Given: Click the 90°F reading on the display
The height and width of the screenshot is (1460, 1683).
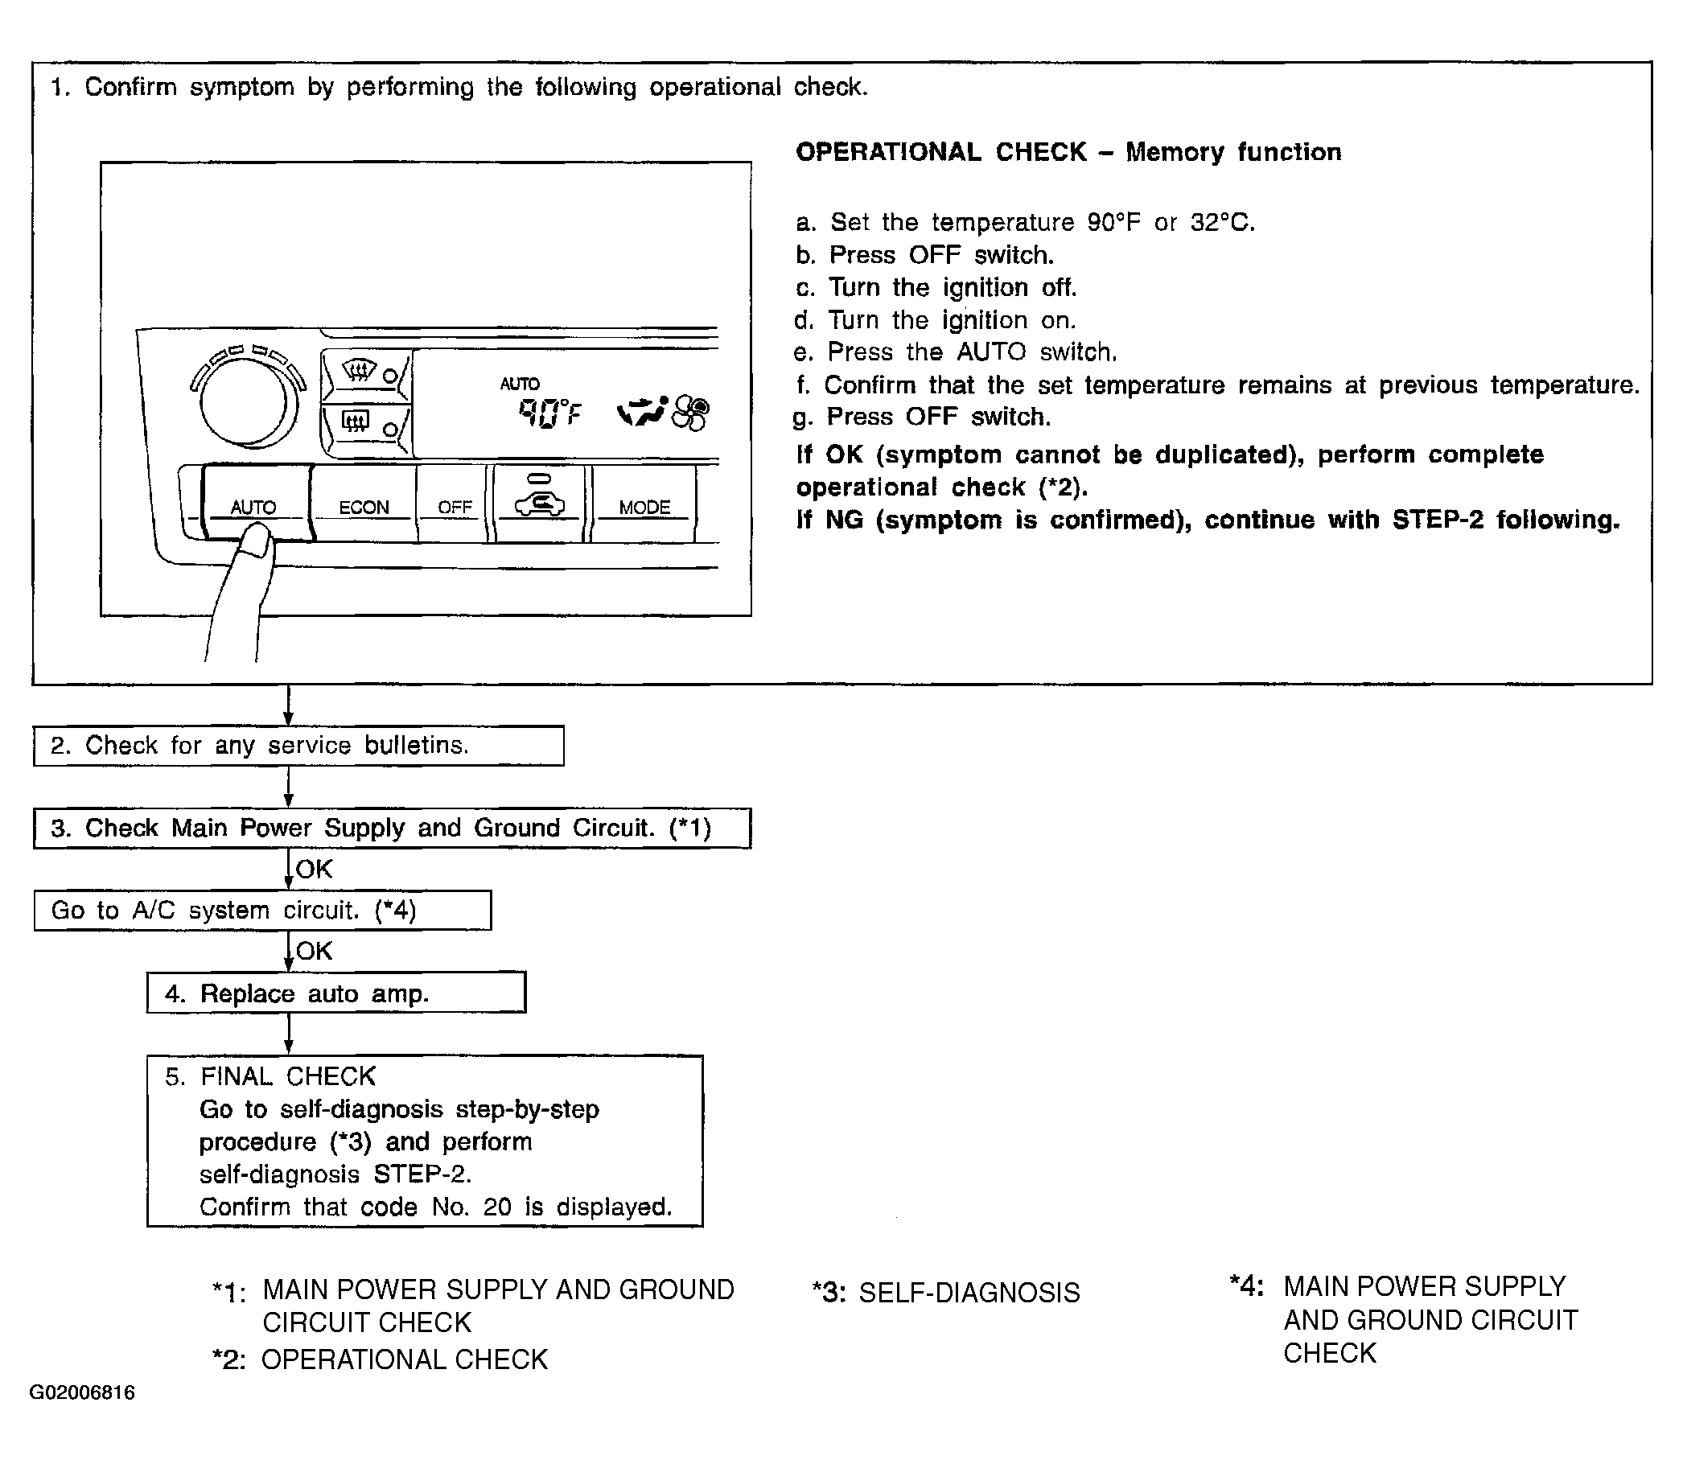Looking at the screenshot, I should coord(549,414).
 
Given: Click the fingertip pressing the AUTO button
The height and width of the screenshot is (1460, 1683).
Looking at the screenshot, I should coord(257,541).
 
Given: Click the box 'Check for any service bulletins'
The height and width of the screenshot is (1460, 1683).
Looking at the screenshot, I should coord(298,746).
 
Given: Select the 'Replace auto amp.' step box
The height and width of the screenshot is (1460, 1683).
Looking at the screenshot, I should coord(335,993).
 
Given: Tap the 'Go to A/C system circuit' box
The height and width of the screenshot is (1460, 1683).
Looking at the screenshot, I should coord(262,910).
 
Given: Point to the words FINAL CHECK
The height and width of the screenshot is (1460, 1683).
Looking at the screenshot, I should coord(287,1076).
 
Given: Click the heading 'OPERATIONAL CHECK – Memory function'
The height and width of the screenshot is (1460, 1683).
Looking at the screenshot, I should coord(1068,152).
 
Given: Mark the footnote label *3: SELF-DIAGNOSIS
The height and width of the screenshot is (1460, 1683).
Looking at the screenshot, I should coord(946,1293).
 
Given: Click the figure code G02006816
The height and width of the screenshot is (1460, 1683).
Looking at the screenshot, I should coord(82,1392).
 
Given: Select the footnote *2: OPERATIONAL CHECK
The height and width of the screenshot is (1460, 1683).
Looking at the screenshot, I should coord(380,1359).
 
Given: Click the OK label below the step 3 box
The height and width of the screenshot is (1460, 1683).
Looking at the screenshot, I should coord(315,870).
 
